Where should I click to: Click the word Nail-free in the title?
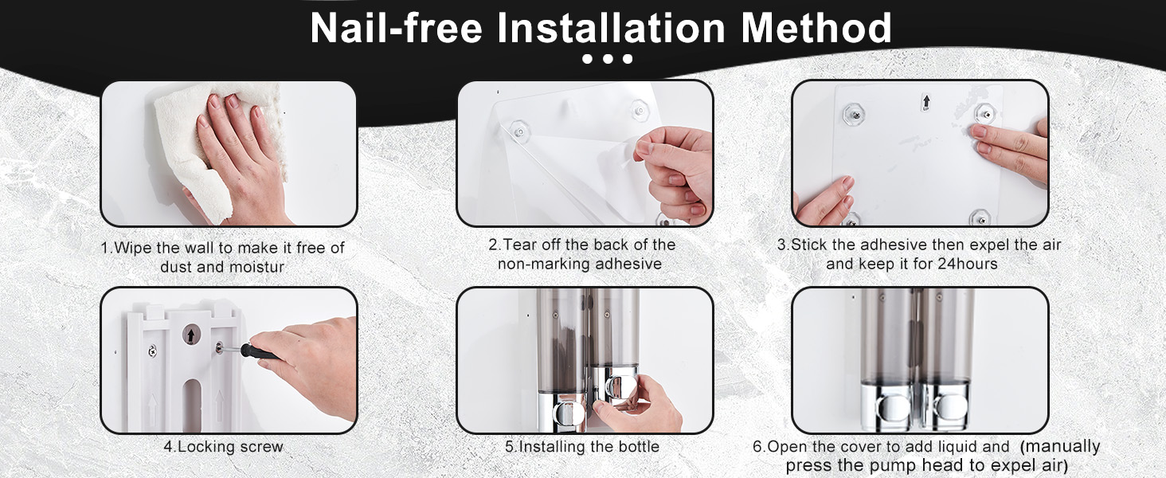(397, 28)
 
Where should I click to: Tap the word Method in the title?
(816, 28)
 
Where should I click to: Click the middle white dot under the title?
(608, 59)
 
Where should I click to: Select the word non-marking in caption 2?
(543, 264)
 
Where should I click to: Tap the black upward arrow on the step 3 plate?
(926, 101)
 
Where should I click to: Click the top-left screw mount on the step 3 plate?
(854, 113)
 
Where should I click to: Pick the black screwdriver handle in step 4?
(259, 352)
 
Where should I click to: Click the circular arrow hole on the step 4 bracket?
(192, 335)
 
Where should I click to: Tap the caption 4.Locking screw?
(223, 447)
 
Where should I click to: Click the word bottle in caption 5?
(638, 447)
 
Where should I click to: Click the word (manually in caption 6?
(1060, 447)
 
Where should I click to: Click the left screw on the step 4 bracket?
(152, 351)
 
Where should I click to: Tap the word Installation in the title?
(612, 28)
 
